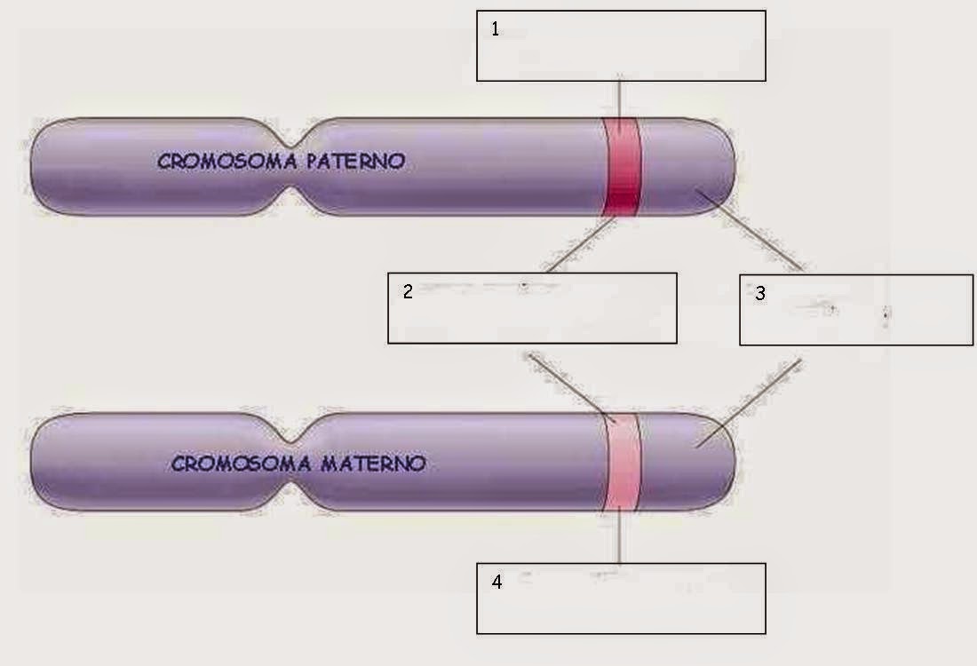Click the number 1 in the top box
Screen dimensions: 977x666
(x=496, y=29)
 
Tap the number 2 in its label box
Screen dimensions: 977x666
(x=408, y=291)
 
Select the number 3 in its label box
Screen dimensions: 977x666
(x=760, y=293)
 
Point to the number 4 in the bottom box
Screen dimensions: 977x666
(x=496, y=583)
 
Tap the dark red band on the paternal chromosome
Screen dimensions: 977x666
(x=622, y=167)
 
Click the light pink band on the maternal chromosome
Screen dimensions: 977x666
(x=621, y=463)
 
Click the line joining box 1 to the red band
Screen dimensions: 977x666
(x=620, y=99)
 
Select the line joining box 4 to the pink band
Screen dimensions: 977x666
(x=620, y=537)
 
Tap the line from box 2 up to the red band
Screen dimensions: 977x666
(x=579, y=245)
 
